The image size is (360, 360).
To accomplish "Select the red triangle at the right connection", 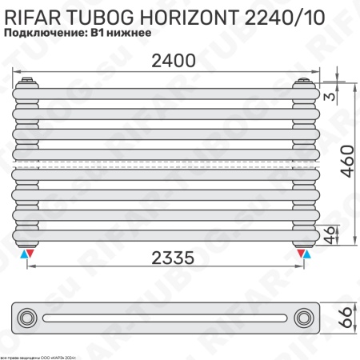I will click(301, 254).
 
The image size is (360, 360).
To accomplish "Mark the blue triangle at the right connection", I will click(310, 254).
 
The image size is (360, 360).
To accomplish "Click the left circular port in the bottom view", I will click(30, 318).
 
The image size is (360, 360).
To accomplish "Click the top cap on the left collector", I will click(28, 81).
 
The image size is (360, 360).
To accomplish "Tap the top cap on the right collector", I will click(305, 81).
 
